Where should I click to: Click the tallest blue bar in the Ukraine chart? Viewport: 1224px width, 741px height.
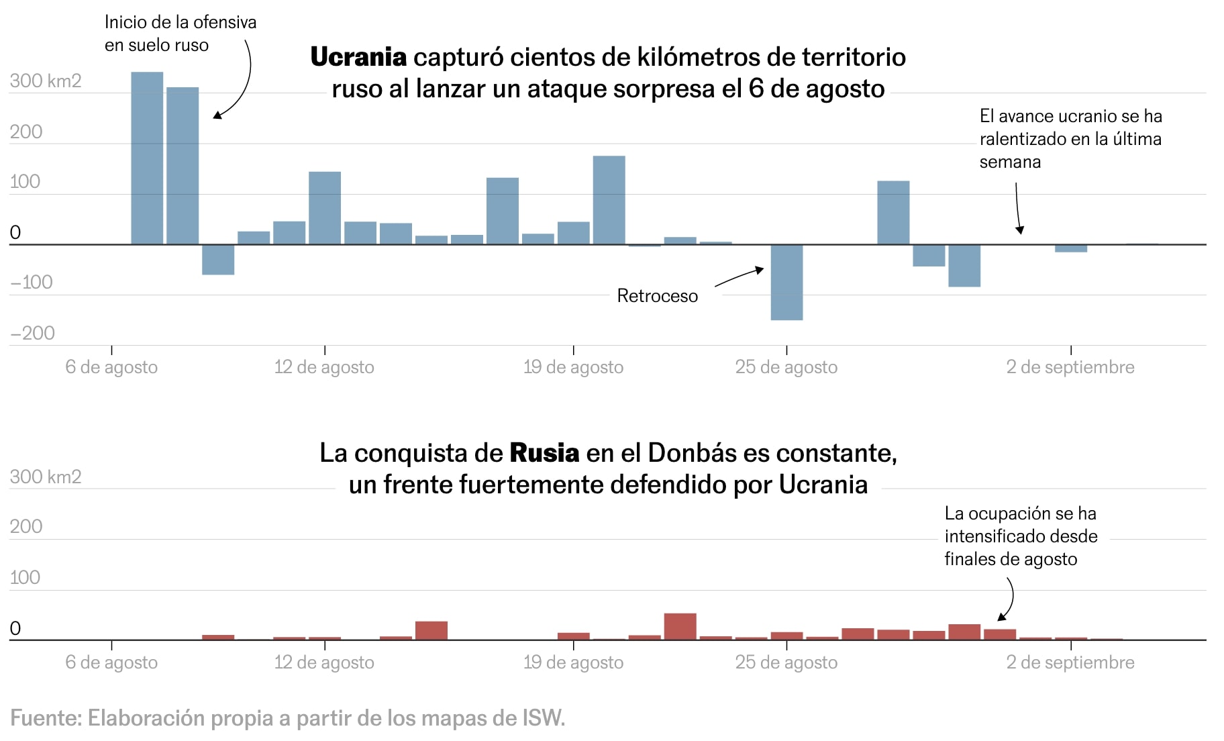(x=147, y=158)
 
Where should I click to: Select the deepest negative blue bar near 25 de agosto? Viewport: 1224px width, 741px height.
(x=786, y=282)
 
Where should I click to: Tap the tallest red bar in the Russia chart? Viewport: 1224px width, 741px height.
(x=680, y=626)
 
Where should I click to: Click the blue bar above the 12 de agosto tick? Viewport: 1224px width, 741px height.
(x=325, y=208)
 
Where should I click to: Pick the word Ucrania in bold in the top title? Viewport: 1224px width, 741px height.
(x=358, y=58)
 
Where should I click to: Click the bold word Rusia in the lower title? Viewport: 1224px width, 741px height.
(x=544, y=453)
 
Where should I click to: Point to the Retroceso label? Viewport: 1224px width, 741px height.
(x=657, y=296)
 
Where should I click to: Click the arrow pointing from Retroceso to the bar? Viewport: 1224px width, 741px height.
(x=739, y=277)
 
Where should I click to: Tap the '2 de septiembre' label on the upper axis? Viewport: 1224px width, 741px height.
(x=1070, y=367)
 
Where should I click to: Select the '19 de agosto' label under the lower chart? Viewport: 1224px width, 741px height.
(x=573, y=662)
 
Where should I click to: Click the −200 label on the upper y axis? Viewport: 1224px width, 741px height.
(x=32, y=333)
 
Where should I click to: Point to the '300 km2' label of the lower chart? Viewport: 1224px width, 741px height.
(x=46, y=477)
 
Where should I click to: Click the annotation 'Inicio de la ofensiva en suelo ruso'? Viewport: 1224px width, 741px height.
(x=180, y=34)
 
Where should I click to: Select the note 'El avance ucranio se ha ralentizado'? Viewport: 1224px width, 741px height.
(x=1070, y=139)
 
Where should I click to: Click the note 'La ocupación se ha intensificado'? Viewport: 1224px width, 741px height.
(x=1020, y=536)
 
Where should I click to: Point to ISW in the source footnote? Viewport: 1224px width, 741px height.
(x=542, y=718)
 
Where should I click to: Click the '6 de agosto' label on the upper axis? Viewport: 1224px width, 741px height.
(x=111, y=367)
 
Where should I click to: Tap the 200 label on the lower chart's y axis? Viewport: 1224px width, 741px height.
(x=25, y=527)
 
